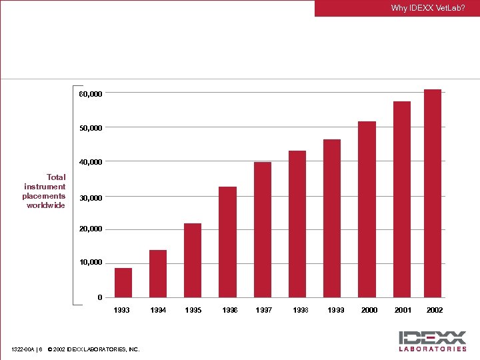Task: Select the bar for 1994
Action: coord(158,273)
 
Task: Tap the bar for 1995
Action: coord(193,260)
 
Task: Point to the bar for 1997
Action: coord(263,229)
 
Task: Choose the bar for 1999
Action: coord(332,218)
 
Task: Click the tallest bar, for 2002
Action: coord(433,193)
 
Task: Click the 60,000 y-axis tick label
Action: coord(91,95)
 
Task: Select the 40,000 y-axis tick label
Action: coord(91,162)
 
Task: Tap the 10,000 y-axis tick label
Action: coord(91,263)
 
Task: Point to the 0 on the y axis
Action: coord(99,297)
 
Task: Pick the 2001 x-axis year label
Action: coord(403,311)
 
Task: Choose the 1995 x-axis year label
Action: coord(193,311)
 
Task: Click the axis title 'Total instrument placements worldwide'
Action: coord(45,191)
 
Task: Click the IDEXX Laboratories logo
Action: coord(433,340)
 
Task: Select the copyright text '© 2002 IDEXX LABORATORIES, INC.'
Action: coord(93,349)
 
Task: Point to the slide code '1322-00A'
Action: coord(23,349)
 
